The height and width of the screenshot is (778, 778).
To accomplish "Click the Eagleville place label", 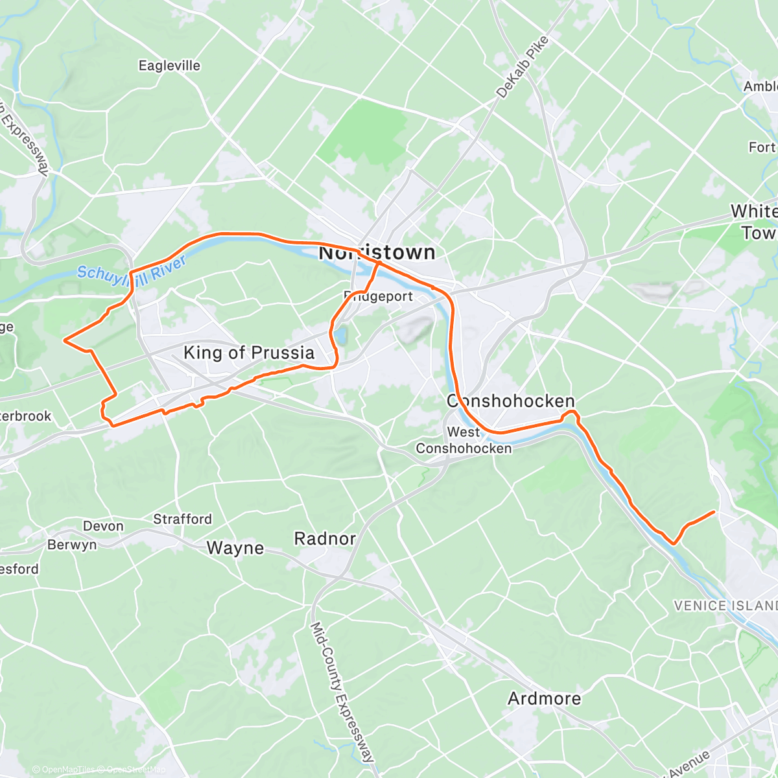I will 169,65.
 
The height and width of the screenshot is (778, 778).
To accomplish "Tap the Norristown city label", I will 377,252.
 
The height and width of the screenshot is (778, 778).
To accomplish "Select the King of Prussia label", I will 249,353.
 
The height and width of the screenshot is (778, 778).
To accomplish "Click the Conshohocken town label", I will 510,401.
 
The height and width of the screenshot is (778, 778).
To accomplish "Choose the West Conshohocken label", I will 464,440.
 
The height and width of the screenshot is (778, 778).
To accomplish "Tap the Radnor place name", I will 325,538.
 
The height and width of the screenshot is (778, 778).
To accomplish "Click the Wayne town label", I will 235,548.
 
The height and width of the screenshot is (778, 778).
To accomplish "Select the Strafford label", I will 182,519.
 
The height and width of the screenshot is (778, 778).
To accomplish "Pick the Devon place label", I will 103,526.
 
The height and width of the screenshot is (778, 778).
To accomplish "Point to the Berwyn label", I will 72,545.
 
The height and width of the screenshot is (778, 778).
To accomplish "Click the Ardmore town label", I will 544,698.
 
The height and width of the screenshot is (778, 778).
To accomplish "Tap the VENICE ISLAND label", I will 725,606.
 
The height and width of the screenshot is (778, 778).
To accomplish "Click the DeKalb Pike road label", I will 523,67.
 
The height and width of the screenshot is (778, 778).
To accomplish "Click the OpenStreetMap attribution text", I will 136,770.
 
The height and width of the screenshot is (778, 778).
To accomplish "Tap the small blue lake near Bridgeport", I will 339,336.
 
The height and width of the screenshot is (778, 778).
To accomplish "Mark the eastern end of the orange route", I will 714,512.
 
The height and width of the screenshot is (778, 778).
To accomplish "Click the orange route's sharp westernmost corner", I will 64,339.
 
